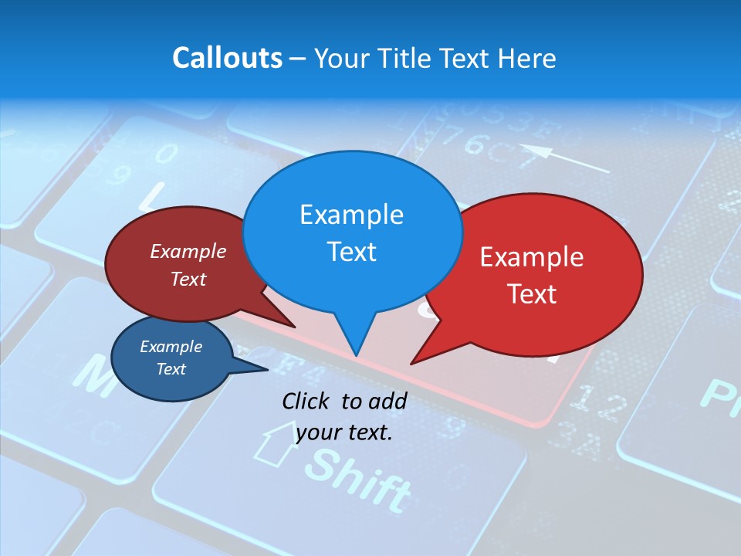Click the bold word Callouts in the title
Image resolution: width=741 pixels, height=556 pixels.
pyautogui.click(x=227, y=58)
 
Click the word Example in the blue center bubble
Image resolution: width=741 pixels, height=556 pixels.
pyautogui.click(x=351, y=215)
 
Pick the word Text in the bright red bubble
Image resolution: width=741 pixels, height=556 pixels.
pyautogui.click(x=532, y=294)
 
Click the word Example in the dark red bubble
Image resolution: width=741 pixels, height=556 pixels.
pyautogui.click(x=188, y=251)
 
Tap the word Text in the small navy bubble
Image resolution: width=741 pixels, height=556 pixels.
pyautogui.click(x=171, y=369)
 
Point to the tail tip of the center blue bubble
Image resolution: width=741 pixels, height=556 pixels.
pyautogui.click(x=356, y=355)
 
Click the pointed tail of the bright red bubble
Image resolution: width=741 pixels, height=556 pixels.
pyautogui.click(x=414, y=362)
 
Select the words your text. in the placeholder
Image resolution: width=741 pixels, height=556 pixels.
pyautogui.click(x=344, y=432)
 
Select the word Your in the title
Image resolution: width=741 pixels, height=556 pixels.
pyautogui.click(x=342, y=58)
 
